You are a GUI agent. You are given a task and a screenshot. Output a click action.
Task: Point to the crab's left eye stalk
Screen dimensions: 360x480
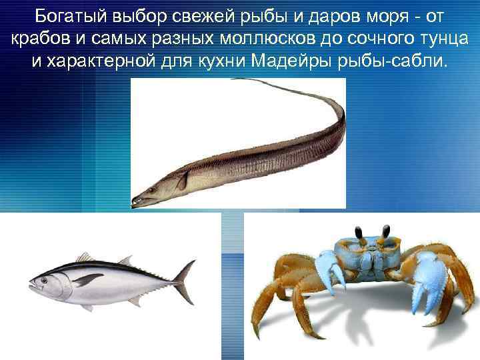click(359, 233)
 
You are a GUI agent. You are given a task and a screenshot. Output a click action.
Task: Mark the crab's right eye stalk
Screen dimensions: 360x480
click(386, 233)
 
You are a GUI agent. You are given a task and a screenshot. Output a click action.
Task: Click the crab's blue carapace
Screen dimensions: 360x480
click(373, 257)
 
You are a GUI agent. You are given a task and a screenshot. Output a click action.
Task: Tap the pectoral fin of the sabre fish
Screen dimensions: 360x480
click(180, 180)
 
